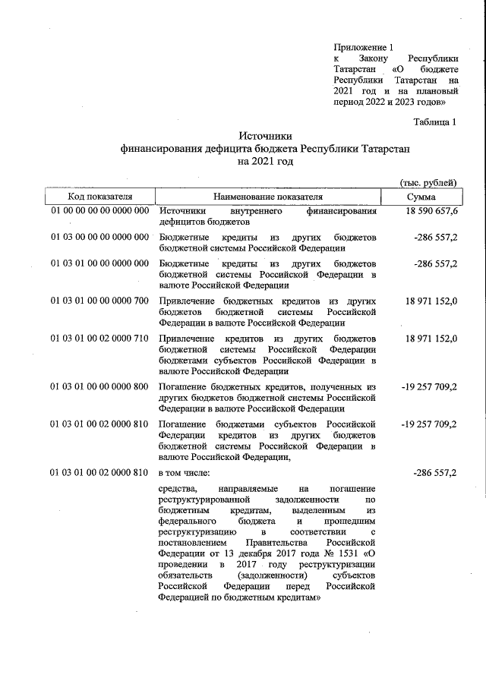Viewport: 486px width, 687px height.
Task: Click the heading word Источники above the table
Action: [265, 135]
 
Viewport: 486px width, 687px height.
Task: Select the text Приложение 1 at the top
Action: [364, 47]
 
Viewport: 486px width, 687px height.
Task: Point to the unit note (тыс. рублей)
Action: [428, 182]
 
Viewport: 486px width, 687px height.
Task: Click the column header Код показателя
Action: [100, 197]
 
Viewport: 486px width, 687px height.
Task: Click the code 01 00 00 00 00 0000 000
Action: [99, 211]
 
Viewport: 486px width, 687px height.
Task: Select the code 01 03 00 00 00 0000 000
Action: [99, 238]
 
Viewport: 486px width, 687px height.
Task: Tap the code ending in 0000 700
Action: [99, 301]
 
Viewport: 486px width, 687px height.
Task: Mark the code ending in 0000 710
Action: [99, 338]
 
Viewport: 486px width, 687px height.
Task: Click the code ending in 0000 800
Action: [99, 386]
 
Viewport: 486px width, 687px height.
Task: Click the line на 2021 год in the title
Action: [265, 162]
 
